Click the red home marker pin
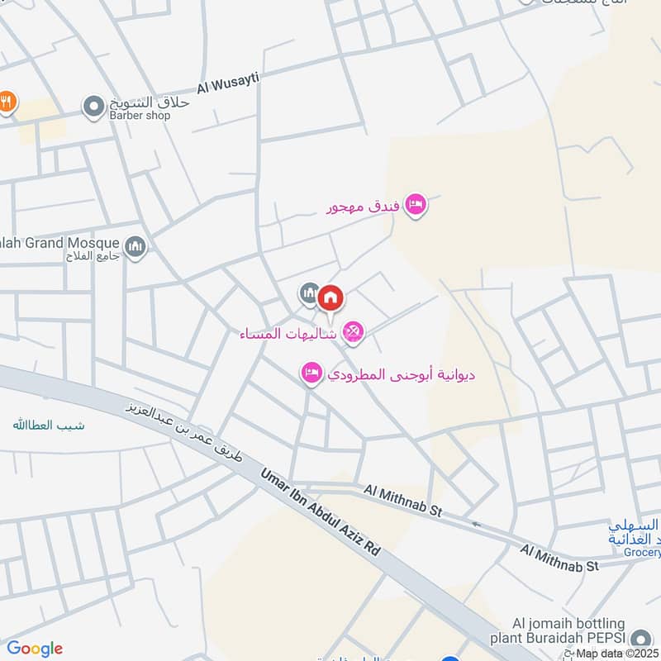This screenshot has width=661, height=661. click(330, 297)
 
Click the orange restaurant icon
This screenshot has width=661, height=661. click(7, 102)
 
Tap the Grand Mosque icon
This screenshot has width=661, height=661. click(136, 246)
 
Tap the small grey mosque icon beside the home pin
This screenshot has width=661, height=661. click(310, 292)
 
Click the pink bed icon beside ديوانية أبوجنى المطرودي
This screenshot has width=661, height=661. click(311, 373)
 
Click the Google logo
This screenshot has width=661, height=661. click(35, 649)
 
